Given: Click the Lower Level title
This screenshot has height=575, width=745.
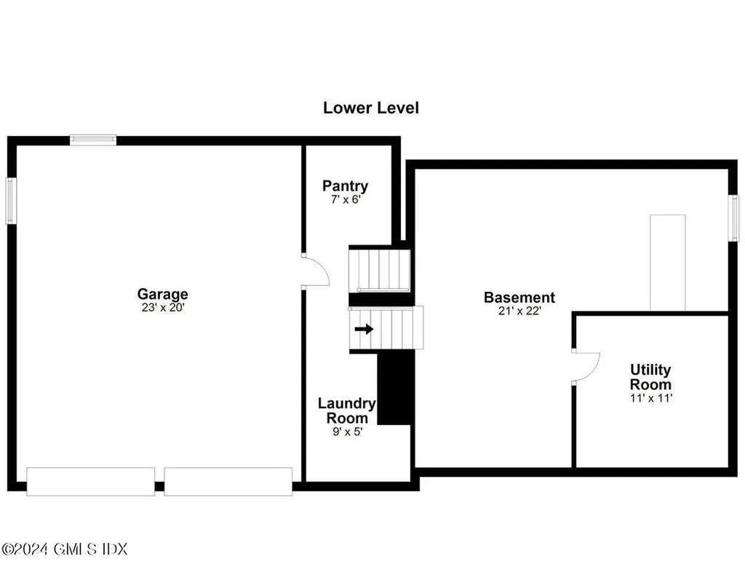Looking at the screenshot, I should point(371,108).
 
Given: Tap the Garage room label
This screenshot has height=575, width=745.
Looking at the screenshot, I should point(162,294).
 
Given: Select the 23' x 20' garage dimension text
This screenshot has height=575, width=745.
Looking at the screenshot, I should point(162,307).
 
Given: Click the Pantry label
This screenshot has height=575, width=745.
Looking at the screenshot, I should point(346,186).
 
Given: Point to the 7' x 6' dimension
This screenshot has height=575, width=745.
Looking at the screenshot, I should point(346,198).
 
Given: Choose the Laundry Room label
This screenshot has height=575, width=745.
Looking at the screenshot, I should point(347,411).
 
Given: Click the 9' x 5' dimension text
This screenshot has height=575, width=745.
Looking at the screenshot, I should point(347,431).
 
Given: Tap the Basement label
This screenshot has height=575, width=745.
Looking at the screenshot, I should point(519,297).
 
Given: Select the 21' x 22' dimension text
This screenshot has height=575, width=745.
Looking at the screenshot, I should point(519,310).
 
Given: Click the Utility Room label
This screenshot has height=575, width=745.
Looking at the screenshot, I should point(650,377).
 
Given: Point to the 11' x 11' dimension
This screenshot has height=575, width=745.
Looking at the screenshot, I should point(650,398).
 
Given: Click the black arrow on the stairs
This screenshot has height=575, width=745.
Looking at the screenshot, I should point(364,329).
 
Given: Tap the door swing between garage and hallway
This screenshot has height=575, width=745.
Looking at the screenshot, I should point(315,271).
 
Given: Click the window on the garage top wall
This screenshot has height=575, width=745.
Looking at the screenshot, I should point(93,140).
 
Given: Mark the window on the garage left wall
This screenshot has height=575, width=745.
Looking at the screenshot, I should point(11,201).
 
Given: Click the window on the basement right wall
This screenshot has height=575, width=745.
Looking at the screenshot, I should point(734,217).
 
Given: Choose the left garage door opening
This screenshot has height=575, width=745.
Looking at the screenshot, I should point(90,481).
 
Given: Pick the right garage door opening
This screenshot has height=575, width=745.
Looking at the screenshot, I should point(228,481).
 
